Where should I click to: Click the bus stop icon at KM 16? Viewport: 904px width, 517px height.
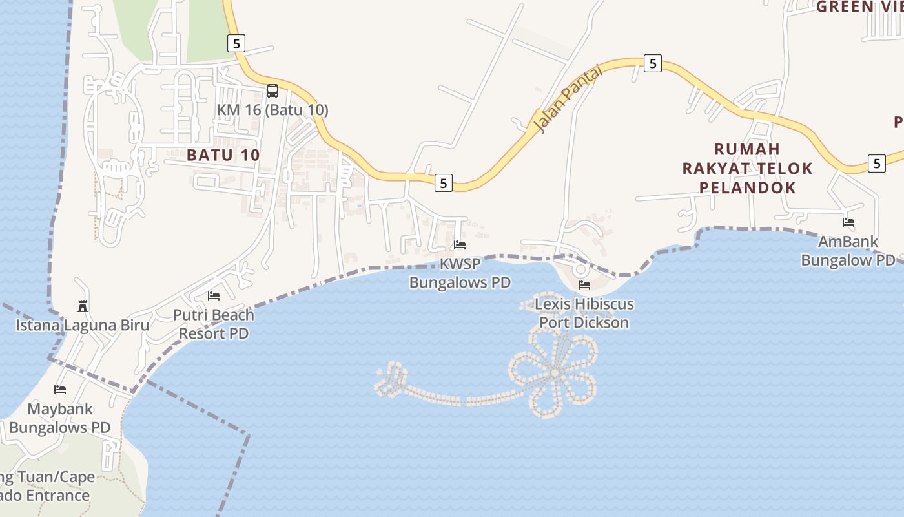pos(272,91)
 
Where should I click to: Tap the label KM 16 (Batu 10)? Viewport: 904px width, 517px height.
pos(272,110)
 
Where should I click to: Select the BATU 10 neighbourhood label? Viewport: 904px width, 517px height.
pos(223,155)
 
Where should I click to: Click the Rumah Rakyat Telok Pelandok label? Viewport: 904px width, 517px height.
pos(748,168)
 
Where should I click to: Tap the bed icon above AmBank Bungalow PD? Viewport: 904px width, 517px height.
pos(848,222)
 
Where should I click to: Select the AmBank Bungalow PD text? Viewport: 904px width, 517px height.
pos(848,251)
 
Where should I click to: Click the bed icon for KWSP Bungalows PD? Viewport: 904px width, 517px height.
pos(460,245)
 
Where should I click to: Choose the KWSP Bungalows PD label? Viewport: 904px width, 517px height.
pos(460,273)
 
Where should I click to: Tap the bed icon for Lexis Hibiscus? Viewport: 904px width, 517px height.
pos(584,284)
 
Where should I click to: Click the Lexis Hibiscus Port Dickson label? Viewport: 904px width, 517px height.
pos(584,313)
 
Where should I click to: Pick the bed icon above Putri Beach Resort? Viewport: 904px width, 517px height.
pos(214,296)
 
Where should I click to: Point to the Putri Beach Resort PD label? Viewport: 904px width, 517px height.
pos(214,324)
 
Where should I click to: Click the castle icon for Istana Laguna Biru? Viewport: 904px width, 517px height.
pos(82,305)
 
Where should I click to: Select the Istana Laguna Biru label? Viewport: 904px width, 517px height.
pos(82,325)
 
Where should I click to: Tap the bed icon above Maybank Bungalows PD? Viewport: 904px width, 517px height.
pos(60,390)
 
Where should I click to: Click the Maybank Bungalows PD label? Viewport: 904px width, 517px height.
pos(60,418)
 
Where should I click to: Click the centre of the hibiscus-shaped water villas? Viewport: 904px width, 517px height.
pos(554,372)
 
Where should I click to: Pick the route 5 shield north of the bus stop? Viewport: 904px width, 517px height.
pos(236,43)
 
